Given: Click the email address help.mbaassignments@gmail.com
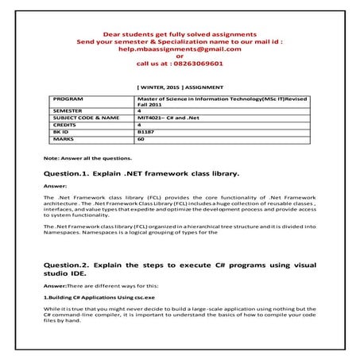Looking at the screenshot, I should point(180,48).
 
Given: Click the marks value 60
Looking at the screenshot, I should point(141,138).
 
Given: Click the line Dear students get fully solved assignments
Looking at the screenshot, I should point(180,34).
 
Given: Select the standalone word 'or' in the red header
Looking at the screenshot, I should point(180,56).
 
